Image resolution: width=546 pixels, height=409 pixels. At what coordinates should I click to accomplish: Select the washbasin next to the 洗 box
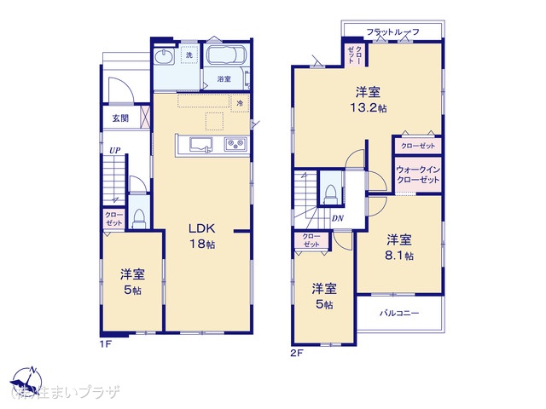point(163,59)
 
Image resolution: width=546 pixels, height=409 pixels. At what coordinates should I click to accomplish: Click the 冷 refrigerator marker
point(240,103)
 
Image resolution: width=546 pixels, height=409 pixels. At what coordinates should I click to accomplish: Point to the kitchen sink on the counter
point(201,144)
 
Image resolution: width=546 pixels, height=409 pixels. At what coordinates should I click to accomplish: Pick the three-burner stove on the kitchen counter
point(235,145)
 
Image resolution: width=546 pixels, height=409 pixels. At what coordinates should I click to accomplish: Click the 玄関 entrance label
point(119,118)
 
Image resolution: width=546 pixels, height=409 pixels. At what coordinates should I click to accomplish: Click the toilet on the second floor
point(330,193)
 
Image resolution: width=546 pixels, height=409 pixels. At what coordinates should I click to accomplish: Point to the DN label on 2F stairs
point(338,218)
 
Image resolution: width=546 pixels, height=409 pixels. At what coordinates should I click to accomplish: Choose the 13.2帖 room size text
point(369,108)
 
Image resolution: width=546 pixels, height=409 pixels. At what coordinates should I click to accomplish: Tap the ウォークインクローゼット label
point(418,175)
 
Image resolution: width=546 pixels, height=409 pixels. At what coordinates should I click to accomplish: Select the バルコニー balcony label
point(399,314)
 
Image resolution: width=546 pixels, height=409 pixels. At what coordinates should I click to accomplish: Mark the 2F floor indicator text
point(297,351)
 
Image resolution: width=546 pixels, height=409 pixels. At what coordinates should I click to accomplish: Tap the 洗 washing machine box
point(189,56)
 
